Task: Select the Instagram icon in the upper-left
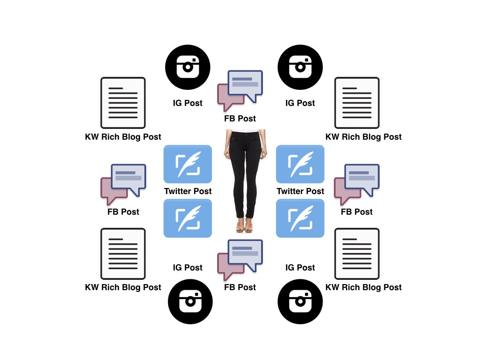[x=187, y=67]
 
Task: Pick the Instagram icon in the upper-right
[x=300, y=67]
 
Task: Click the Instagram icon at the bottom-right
[x=300, y=301]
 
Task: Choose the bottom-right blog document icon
[x=357, y=254]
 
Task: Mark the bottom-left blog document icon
[x=123, y=254]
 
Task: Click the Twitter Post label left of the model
[x=187, y=191]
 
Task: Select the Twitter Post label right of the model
[x=300, y=191]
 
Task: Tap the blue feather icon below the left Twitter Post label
[x=187, y=218]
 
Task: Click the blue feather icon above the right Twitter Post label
[x=300, y=164]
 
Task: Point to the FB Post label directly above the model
[x=240, y=119]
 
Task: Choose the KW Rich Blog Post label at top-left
[x=123, y=137]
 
